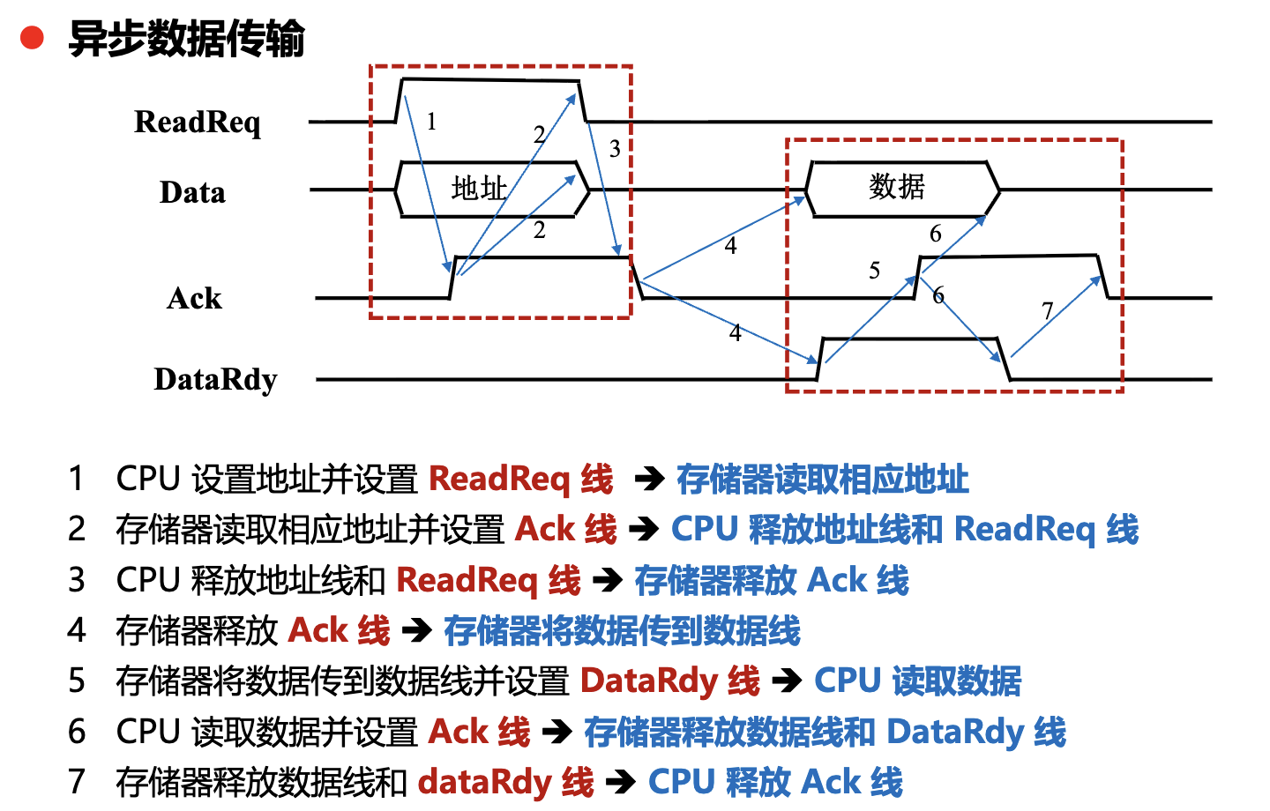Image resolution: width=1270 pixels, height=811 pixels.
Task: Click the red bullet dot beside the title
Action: tap(33, 38)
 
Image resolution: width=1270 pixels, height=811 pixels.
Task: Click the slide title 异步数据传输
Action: tap(187, 40)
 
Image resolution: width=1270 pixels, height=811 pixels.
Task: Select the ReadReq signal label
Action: tap(198, 123)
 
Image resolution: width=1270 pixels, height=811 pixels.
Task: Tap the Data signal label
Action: tap(192, 192)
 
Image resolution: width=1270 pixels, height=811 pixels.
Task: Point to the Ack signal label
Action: tap(194, 299)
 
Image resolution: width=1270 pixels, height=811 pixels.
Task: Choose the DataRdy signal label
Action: tap(215, 380)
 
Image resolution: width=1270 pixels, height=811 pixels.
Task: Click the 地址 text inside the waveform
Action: tap(479, 188)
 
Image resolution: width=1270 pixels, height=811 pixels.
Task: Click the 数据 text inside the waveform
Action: tap(896, 187)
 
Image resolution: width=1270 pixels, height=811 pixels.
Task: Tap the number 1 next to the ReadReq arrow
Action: tap(431, 122)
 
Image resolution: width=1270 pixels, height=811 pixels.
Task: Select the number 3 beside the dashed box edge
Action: tap(615, 149)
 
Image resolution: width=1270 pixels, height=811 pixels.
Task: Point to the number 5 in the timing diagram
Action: tap(874, 271)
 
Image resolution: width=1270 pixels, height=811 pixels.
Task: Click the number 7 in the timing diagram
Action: tap(1047, 311)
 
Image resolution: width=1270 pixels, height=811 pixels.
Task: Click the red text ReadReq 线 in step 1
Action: tap(520, 480)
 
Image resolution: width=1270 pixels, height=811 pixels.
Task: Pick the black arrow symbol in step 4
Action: tap(416, 631)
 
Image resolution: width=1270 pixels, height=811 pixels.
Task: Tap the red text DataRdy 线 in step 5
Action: tap(669, 681)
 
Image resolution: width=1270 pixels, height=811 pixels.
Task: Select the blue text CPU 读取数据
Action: tap(917, 681)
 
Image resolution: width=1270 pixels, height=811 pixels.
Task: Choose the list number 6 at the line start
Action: tap(77, 732)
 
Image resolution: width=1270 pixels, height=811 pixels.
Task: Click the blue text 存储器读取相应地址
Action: tap(822, 480)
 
